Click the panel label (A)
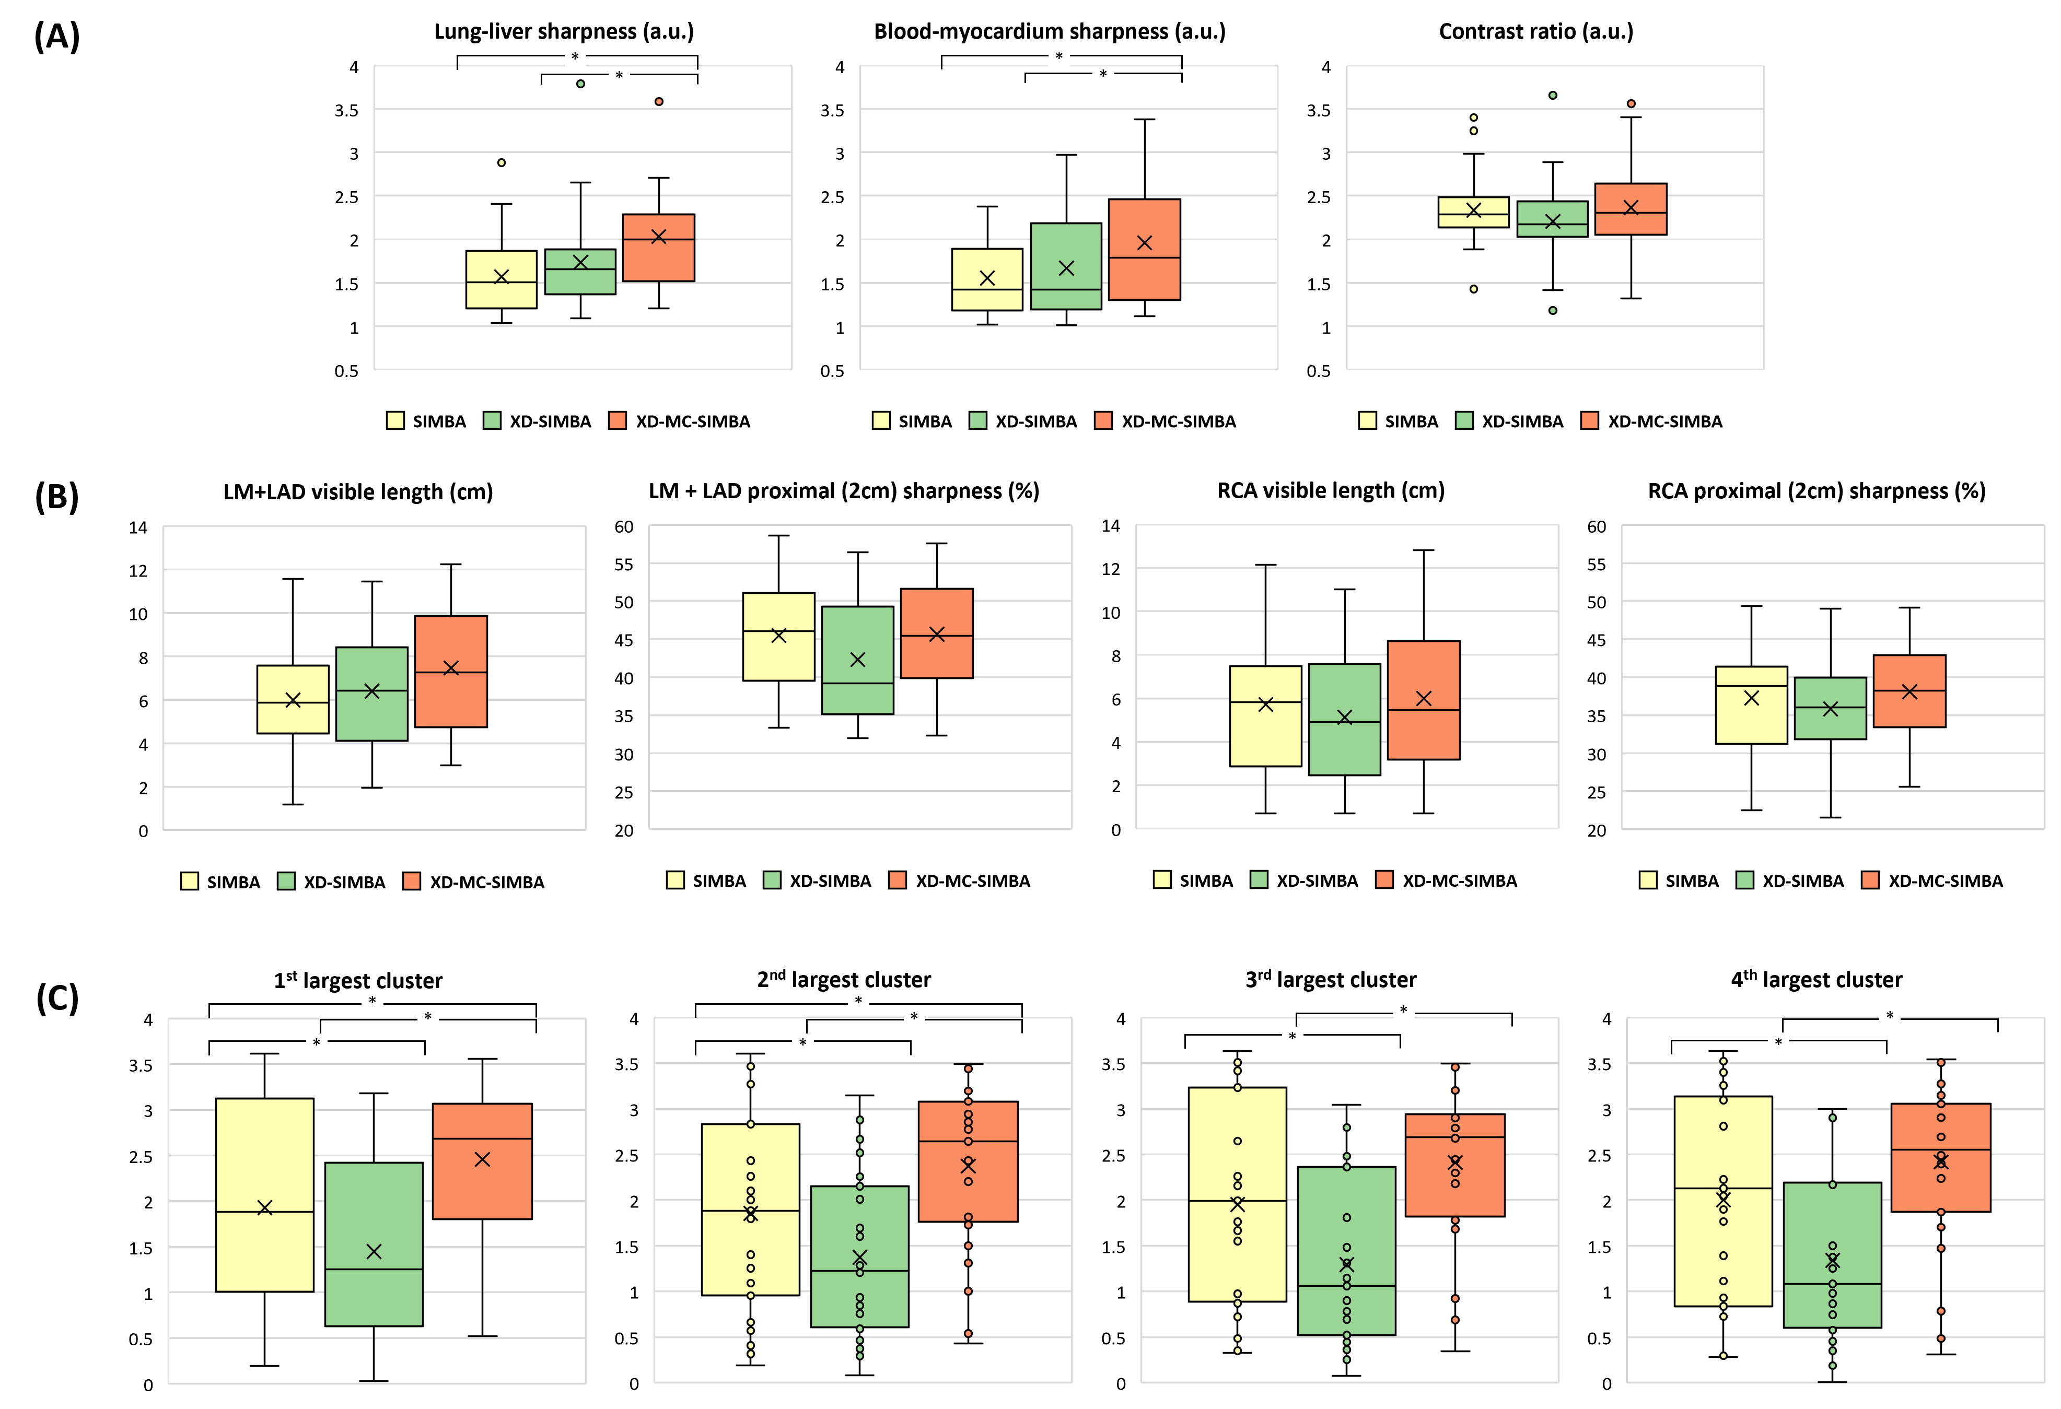57,37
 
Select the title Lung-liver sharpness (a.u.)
564,32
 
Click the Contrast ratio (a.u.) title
1536,32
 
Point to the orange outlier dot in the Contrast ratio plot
1631,104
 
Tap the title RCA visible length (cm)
1330,490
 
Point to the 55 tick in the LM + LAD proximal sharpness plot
624,564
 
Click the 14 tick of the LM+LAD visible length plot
138,527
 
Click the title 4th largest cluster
1816,980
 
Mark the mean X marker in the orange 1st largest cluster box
482,1160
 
